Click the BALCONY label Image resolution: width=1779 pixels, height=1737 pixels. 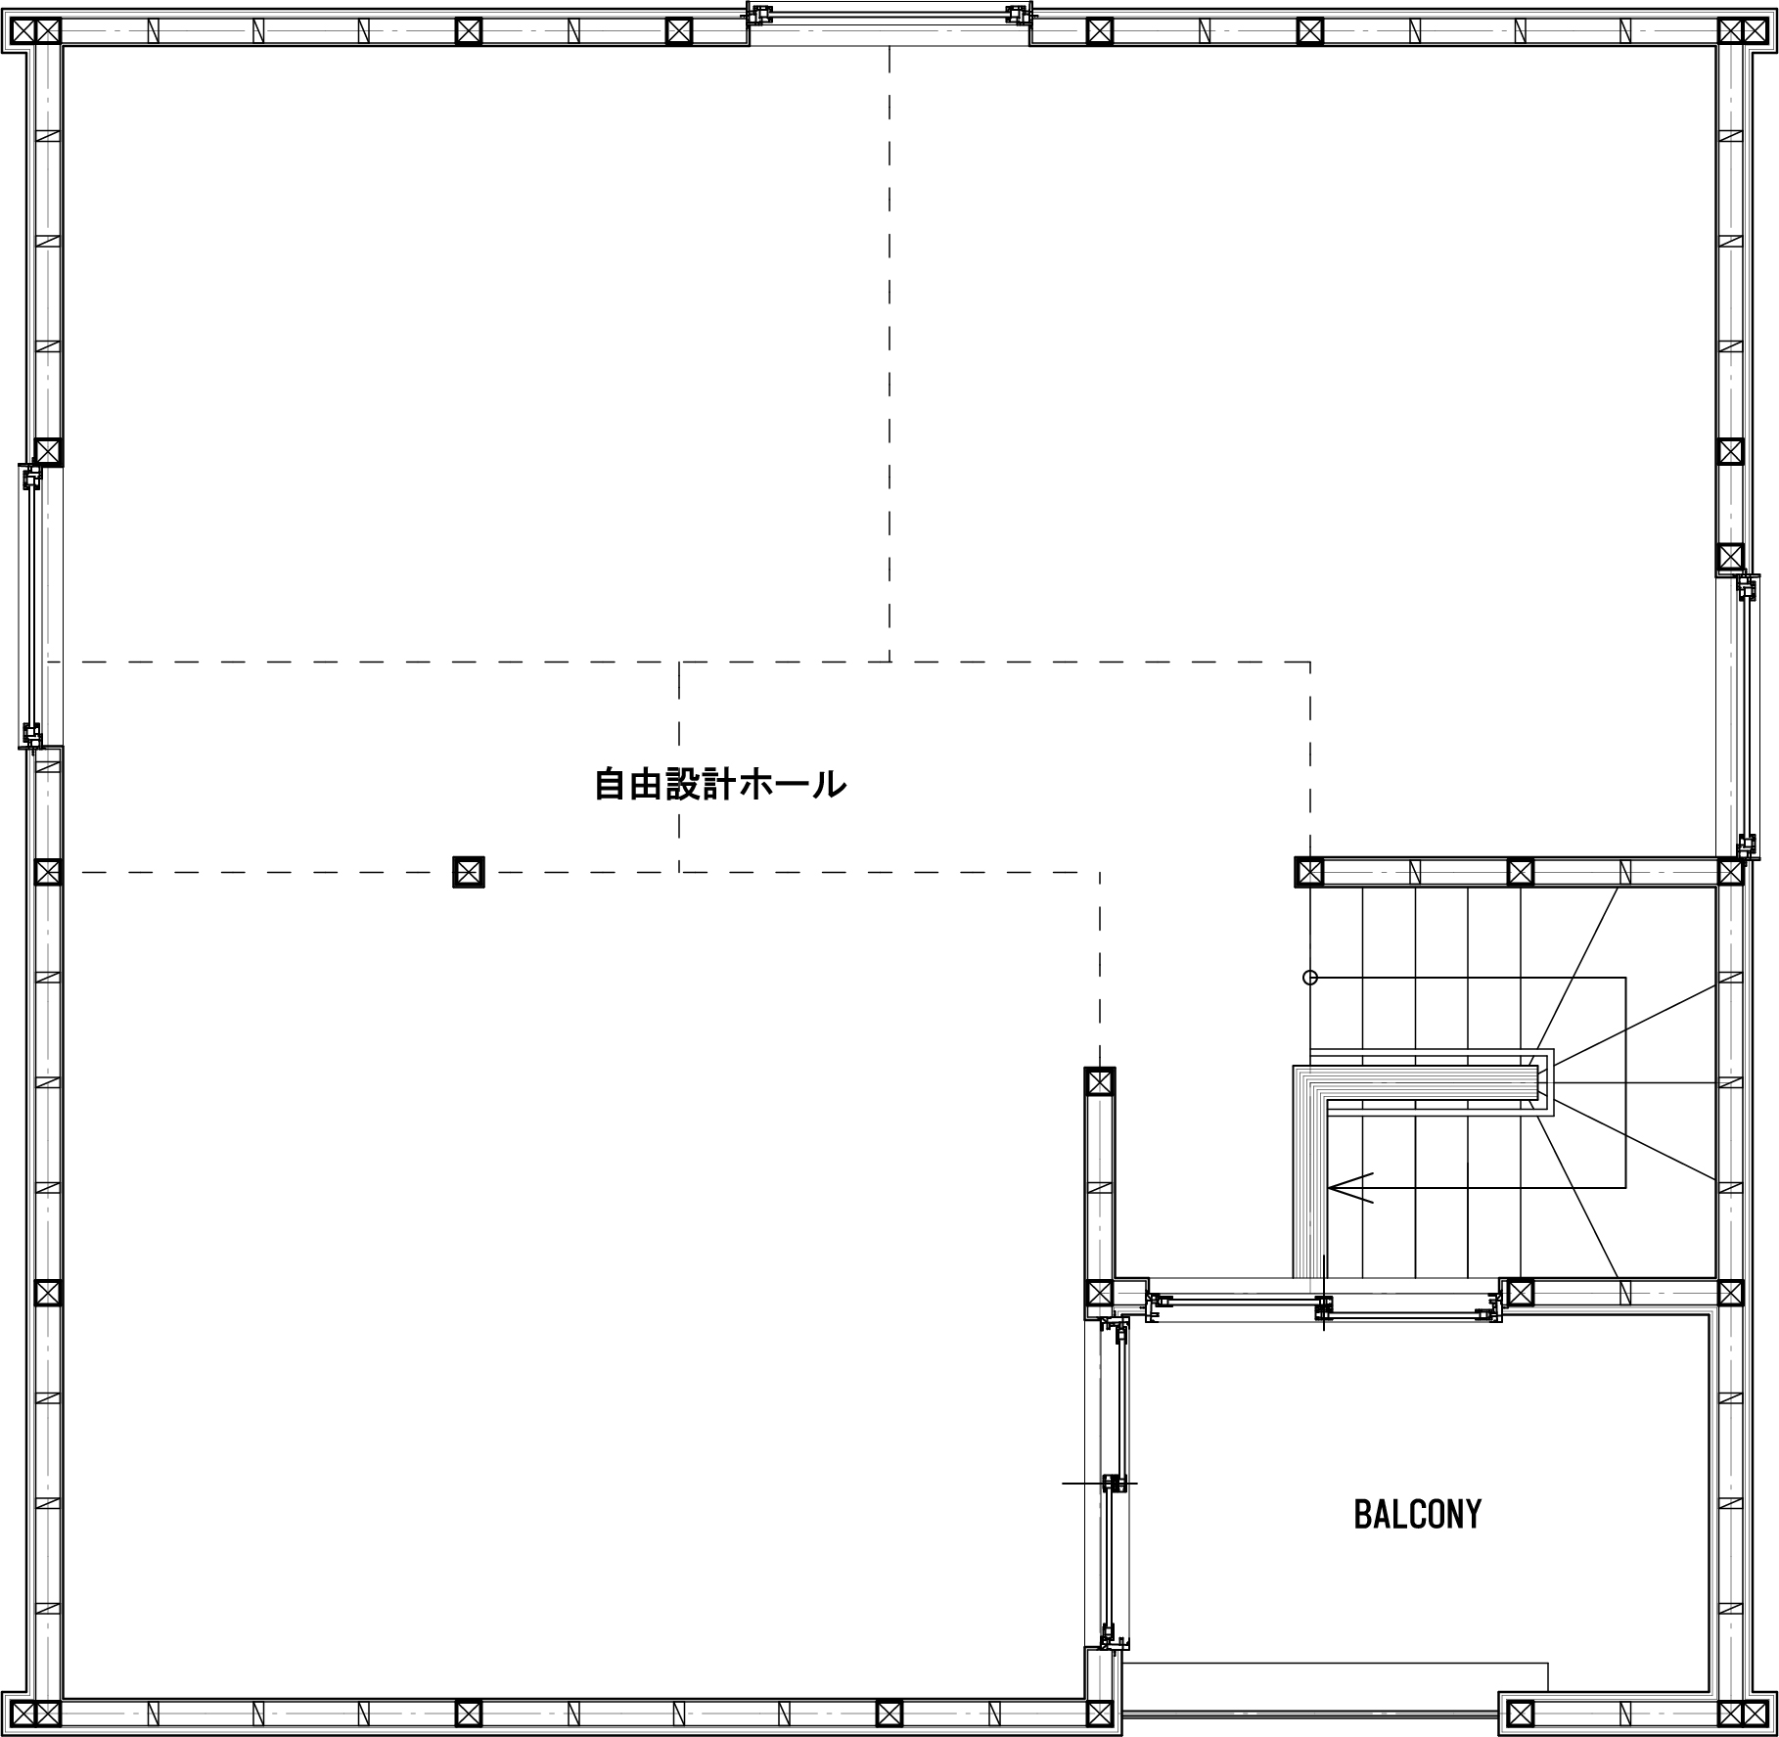tap(1417, 1514)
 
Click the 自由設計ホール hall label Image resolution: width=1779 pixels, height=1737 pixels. tap(720, 784)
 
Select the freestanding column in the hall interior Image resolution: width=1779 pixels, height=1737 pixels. tap(469, 871)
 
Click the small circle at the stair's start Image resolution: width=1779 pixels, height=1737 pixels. tap(1310, 978)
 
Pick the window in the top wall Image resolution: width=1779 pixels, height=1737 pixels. tap(889, 21)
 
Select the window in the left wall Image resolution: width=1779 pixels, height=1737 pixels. tap(33, 607)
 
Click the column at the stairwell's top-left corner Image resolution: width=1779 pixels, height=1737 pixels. tap(1309, 871)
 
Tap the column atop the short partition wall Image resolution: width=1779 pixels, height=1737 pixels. tap(1100, 1082)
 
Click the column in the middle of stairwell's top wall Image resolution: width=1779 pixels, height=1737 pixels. tap(1520, 871)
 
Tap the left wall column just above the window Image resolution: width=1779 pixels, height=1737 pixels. tap(48, 451)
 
